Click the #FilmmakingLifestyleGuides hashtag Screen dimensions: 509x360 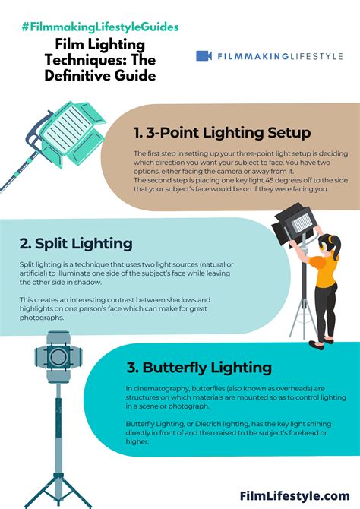[x=100, y=27]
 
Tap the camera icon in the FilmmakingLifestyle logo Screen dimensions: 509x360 [x=204, y=55]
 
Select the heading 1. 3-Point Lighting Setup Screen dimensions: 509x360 [x=222, y=132]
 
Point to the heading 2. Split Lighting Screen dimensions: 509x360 [x=77, y=243]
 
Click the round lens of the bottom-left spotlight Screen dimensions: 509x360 [x=58, y=356]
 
